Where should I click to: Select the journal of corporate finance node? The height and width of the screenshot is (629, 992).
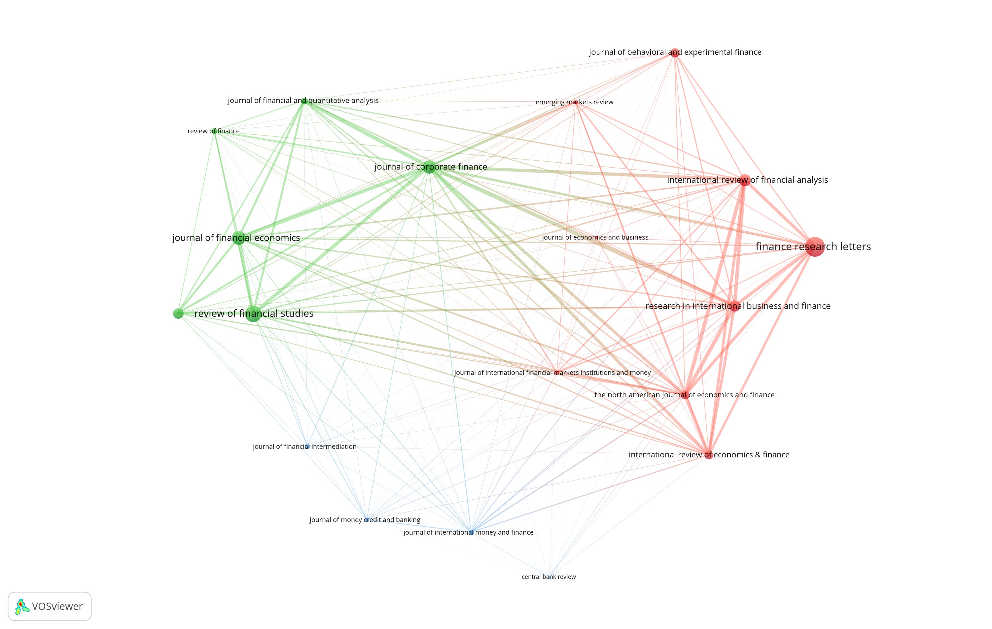click(x=429, y=167)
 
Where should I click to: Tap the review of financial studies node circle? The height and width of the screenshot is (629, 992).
click(x=253, y=314)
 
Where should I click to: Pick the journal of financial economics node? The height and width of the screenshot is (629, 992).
click(x=238, y=238)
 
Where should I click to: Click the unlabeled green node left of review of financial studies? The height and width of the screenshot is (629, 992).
click(x=178, y=314)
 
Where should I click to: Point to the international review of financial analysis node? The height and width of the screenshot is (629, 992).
click(x=744, y=180)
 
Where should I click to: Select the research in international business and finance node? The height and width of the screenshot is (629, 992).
click(x=734, y=306)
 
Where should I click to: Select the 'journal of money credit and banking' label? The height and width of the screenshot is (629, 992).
click(x=365, y=520)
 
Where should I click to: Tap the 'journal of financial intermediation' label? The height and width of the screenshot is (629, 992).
click(x=304, y=447)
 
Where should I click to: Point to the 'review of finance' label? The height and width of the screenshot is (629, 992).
click(x=213, y=131)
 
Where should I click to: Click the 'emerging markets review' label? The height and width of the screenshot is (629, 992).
click(x=574, y=102)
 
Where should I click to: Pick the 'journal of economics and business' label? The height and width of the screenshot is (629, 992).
click(x=595, y=238)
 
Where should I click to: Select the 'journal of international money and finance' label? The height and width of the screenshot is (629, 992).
click(x=468, y=532)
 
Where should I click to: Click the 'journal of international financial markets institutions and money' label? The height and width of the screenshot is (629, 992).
click(x=552, y=373)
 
